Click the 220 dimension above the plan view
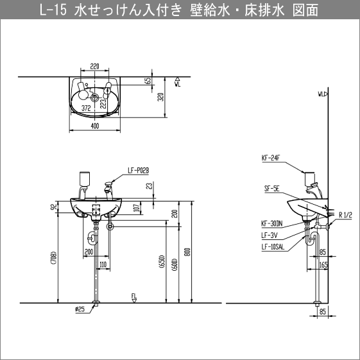(x=95, y=65)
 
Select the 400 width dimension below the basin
(x=95, y=127)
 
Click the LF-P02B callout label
(x=138, y=170)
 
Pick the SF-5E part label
(x=270, y=189)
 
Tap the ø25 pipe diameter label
(x=80, y=309)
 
